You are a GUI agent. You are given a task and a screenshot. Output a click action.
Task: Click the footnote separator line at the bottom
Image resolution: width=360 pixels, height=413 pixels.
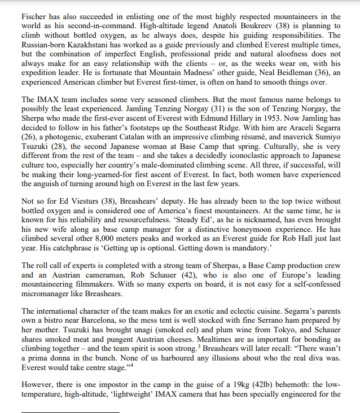(71, 412)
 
